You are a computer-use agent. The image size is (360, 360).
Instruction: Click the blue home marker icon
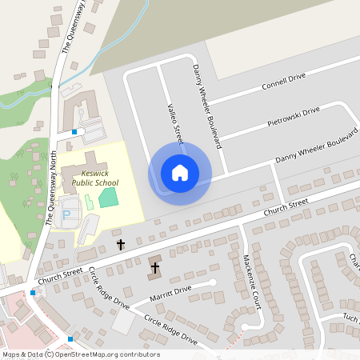(x=180, y=172)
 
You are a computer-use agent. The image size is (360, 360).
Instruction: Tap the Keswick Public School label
(x=94, y=178)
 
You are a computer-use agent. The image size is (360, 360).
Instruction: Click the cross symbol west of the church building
(x=121, y=243)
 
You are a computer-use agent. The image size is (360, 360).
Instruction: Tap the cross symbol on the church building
(x=154, y=266)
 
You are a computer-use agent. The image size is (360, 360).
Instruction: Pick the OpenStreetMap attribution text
(x=80, y=354)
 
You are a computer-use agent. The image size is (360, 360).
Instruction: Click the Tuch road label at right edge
(x=351, y=317)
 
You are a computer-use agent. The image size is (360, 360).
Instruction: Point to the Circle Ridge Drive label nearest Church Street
(x=109, y=288)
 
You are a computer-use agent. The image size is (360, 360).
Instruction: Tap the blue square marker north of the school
(x=74, y=131)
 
